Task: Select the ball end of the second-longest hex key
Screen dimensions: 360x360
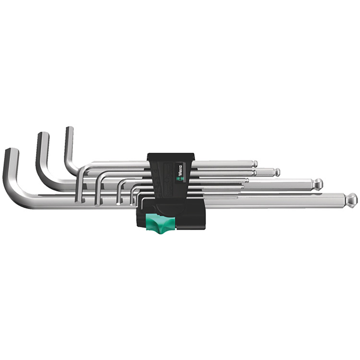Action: [318, 183]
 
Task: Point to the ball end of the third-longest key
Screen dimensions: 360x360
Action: [277, 172]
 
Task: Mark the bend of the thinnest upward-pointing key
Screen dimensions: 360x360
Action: [72, 167]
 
